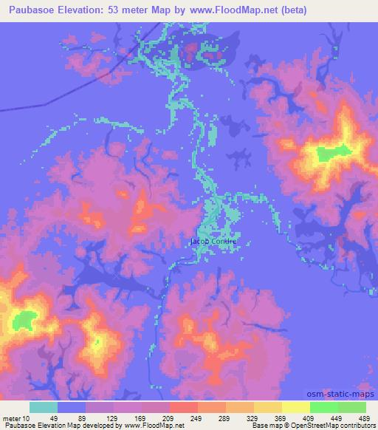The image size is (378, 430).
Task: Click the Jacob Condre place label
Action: click(213, 241)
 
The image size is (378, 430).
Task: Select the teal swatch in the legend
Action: click(44, 407)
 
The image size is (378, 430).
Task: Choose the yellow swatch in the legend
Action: click(296, 407)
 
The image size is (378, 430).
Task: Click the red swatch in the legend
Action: click(184, 407)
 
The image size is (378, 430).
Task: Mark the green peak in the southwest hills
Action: click(24, 320)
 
